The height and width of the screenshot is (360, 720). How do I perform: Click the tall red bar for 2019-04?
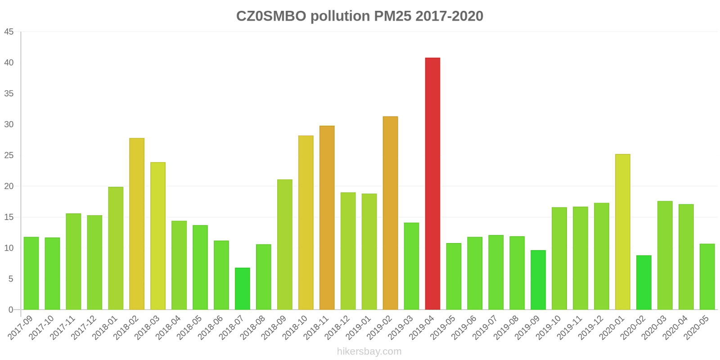tap(432, 184)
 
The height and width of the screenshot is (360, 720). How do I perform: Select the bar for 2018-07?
tap(243, 289)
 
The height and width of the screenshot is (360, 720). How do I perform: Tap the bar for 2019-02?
tap(390, 213)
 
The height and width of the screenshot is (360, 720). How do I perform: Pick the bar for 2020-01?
tap(623, 232)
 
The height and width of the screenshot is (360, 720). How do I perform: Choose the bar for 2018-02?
tap(137, 224)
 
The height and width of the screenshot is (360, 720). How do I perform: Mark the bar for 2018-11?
tap(327, 218)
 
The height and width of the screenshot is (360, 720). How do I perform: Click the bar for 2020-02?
tap(644, 283)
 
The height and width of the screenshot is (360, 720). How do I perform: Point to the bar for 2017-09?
tap(31, 273)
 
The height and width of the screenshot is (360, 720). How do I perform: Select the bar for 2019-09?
tap(538, 280)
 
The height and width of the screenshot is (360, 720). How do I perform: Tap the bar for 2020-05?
tap(707, 277)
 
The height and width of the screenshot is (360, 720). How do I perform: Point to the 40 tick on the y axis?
tap(9, 63)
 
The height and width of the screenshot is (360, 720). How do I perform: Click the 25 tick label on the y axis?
tap(9, 156)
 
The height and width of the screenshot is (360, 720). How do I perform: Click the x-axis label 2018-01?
tap(105, 328)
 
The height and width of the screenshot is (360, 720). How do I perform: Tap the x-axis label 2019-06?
tap(463, 328)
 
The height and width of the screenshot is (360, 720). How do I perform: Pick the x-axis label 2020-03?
tap(654, 328)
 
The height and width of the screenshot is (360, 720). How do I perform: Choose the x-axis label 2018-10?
tap(295, 328)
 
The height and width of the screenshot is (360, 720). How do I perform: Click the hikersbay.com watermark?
tap(369, 351)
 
